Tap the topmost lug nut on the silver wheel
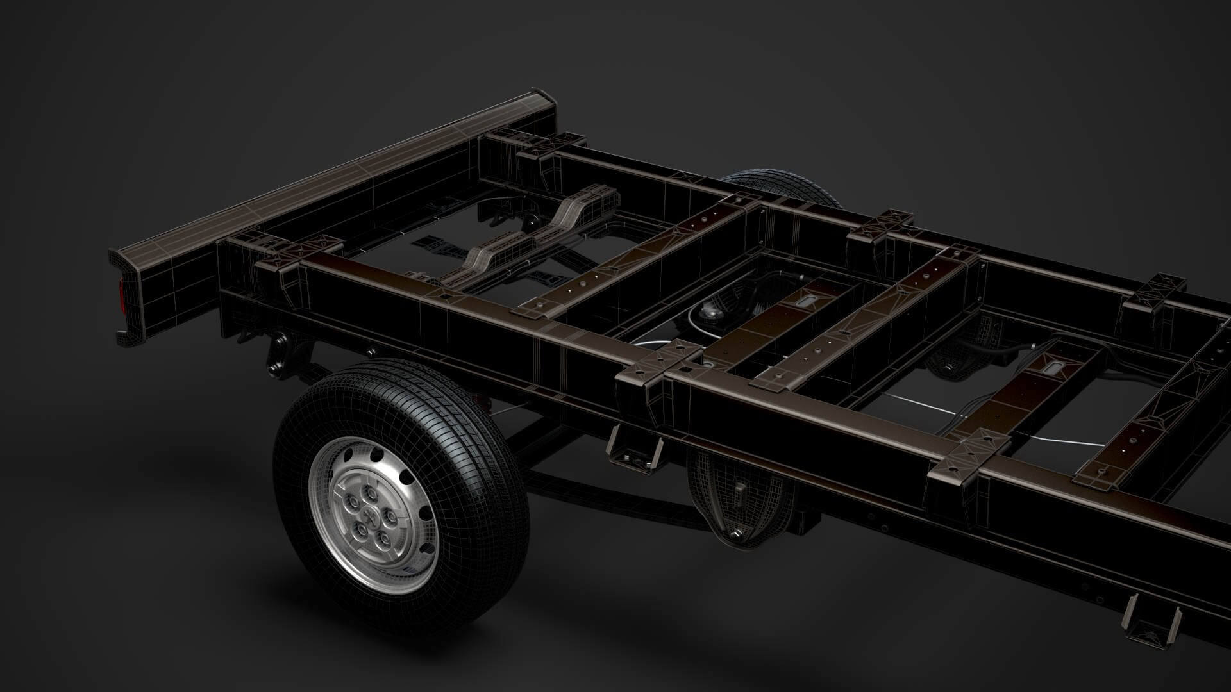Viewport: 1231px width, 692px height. [x=369, y=493]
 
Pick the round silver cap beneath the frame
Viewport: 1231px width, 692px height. [x=710, y=311]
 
